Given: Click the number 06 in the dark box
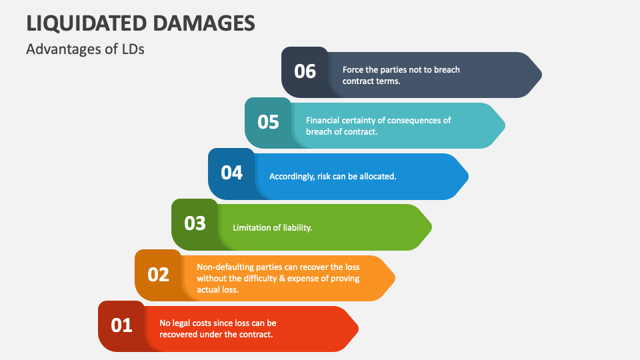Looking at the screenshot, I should click(x=305, y=71).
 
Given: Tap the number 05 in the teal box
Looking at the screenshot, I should click(x=268, y=122).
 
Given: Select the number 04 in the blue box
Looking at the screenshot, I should click(x=231, y=173).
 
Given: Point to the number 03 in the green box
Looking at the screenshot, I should click(x=195, y=223).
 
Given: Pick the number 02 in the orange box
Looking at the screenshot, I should click(x=158, y=274).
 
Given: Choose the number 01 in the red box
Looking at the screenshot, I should click(x=121, y=325).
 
